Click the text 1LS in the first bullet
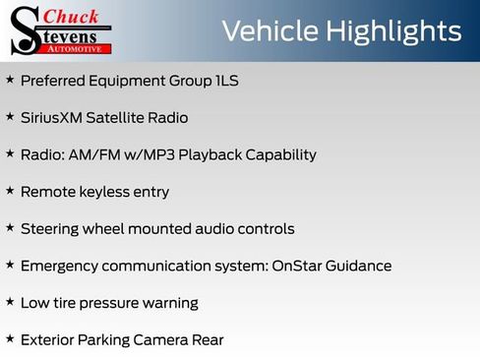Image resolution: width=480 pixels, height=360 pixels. point(226,81)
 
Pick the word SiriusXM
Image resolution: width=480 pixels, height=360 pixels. point(55,118)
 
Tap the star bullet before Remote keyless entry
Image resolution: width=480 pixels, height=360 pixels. point(10,191)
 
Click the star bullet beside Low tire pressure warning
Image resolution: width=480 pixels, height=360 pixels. point(10,302)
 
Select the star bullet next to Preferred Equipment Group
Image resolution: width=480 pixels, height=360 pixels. point(10,80)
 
